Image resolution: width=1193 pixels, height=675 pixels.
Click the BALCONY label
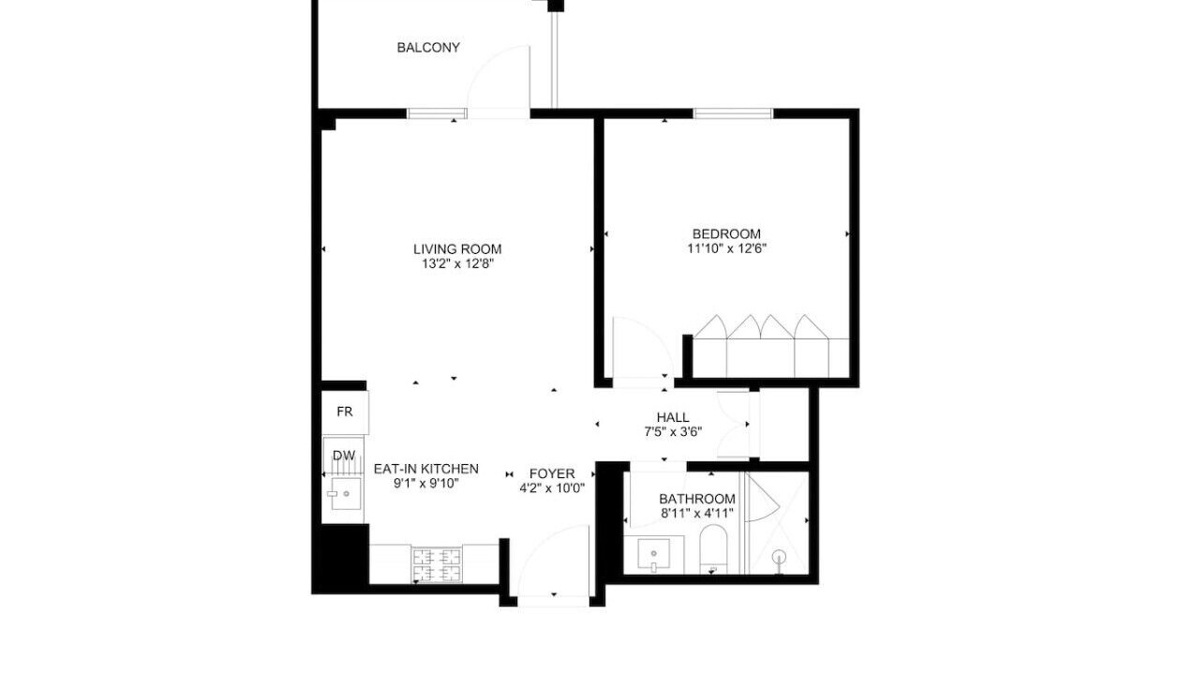428,48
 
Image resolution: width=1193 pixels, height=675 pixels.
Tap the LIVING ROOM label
457,248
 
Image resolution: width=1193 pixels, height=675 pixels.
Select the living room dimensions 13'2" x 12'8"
457,263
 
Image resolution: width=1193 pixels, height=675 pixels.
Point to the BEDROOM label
726,233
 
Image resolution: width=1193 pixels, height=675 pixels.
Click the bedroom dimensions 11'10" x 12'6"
726,248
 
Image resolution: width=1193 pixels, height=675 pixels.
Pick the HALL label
673,417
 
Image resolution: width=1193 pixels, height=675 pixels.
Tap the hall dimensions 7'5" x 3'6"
673,431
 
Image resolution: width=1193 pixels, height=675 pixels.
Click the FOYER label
552,473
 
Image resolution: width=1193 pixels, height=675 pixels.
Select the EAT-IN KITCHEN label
426,469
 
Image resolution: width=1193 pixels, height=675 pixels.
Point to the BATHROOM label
697,499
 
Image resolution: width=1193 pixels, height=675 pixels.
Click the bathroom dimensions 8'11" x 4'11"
697,513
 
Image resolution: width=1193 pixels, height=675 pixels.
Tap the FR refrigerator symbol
345,412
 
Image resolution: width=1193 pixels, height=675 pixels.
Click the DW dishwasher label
344,456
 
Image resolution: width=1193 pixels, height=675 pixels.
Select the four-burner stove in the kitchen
437,564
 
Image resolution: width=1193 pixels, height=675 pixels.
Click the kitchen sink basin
346,494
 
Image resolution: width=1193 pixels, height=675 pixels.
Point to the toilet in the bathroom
713,548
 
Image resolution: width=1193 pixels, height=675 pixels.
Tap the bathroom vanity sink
653,554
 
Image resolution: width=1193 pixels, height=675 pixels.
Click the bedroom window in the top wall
733,113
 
